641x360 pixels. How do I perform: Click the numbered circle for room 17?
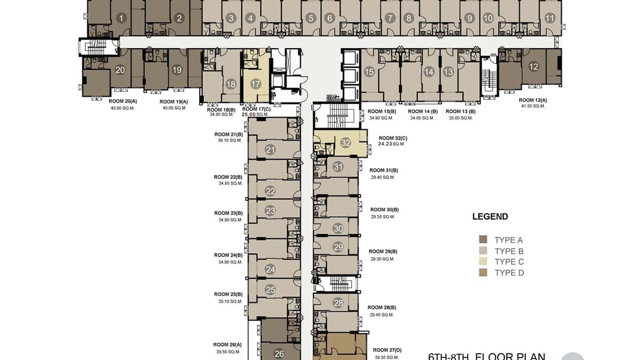(x=256, y=84)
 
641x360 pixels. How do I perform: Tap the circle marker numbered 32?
(x=346, y=143)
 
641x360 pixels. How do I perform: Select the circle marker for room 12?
(x=534, y=67)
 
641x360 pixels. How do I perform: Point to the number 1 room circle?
(x=121, y=19)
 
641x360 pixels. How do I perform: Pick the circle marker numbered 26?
(x=279, y=354)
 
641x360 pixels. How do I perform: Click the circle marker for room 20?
(x=120, y=70)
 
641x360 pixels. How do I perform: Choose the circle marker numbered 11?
(x=550, y=19)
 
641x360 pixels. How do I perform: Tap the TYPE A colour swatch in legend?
(x=483, y=240)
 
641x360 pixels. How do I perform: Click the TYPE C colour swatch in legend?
(x=483, y=262)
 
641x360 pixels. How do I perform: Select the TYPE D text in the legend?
(x=509, y=273)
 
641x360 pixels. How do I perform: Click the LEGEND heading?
(x=490, y=216)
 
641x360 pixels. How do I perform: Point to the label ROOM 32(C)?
(x=393, y=138)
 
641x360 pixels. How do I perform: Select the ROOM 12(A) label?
(x=533, y=100)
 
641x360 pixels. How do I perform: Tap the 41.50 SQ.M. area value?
(x=533, y=106)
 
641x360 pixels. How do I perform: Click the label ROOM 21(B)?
(x=228, y=135)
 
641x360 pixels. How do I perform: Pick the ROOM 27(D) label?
(x=387, y=350)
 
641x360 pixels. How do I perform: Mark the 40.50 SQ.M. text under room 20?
(x=123, y=108)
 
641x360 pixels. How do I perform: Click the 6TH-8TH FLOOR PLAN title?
(x=486, y=356)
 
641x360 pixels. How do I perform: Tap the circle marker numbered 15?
(x=369, y=72)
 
